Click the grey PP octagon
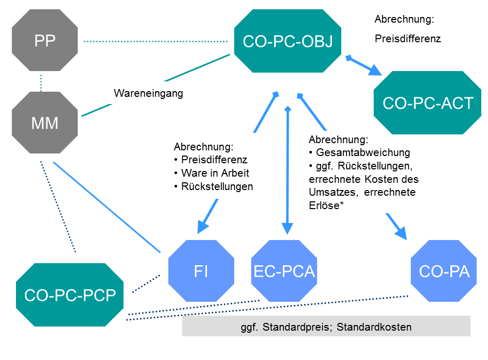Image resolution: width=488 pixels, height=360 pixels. [45, 40]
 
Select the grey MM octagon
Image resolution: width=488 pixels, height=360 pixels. [45, 123]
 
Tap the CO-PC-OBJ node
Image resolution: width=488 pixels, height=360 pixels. [288, 41]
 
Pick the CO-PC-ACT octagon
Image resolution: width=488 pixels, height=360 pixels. [427, 103]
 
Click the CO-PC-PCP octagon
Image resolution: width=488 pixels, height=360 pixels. [69, 295]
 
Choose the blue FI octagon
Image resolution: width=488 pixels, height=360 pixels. [201, 270]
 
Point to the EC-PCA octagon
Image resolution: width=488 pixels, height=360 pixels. [284, 270]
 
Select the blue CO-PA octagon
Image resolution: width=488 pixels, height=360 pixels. [444, 270]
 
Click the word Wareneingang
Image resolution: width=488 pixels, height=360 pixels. [148, 93]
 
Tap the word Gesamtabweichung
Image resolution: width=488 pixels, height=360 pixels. [363, 152]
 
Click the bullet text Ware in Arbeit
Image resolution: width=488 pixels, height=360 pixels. [215, 173]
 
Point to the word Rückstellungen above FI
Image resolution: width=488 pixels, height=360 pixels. [217, 186]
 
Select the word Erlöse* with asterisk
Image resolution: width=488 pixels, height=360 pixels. [326, 205]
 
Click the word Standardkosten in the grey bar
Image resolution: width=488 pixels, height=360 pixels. [374, 327]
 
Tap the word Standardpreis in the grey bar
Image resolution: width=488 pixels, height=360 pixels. [297, 328]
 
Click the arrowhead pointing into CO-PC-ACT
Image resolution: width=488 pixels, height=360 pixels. [375, 71]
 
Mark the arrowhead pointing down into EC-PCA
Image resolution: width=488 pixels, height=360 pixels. [287, 229]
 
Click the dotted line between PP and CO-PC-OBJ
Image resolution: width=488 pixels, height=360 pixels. [155, 41]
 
